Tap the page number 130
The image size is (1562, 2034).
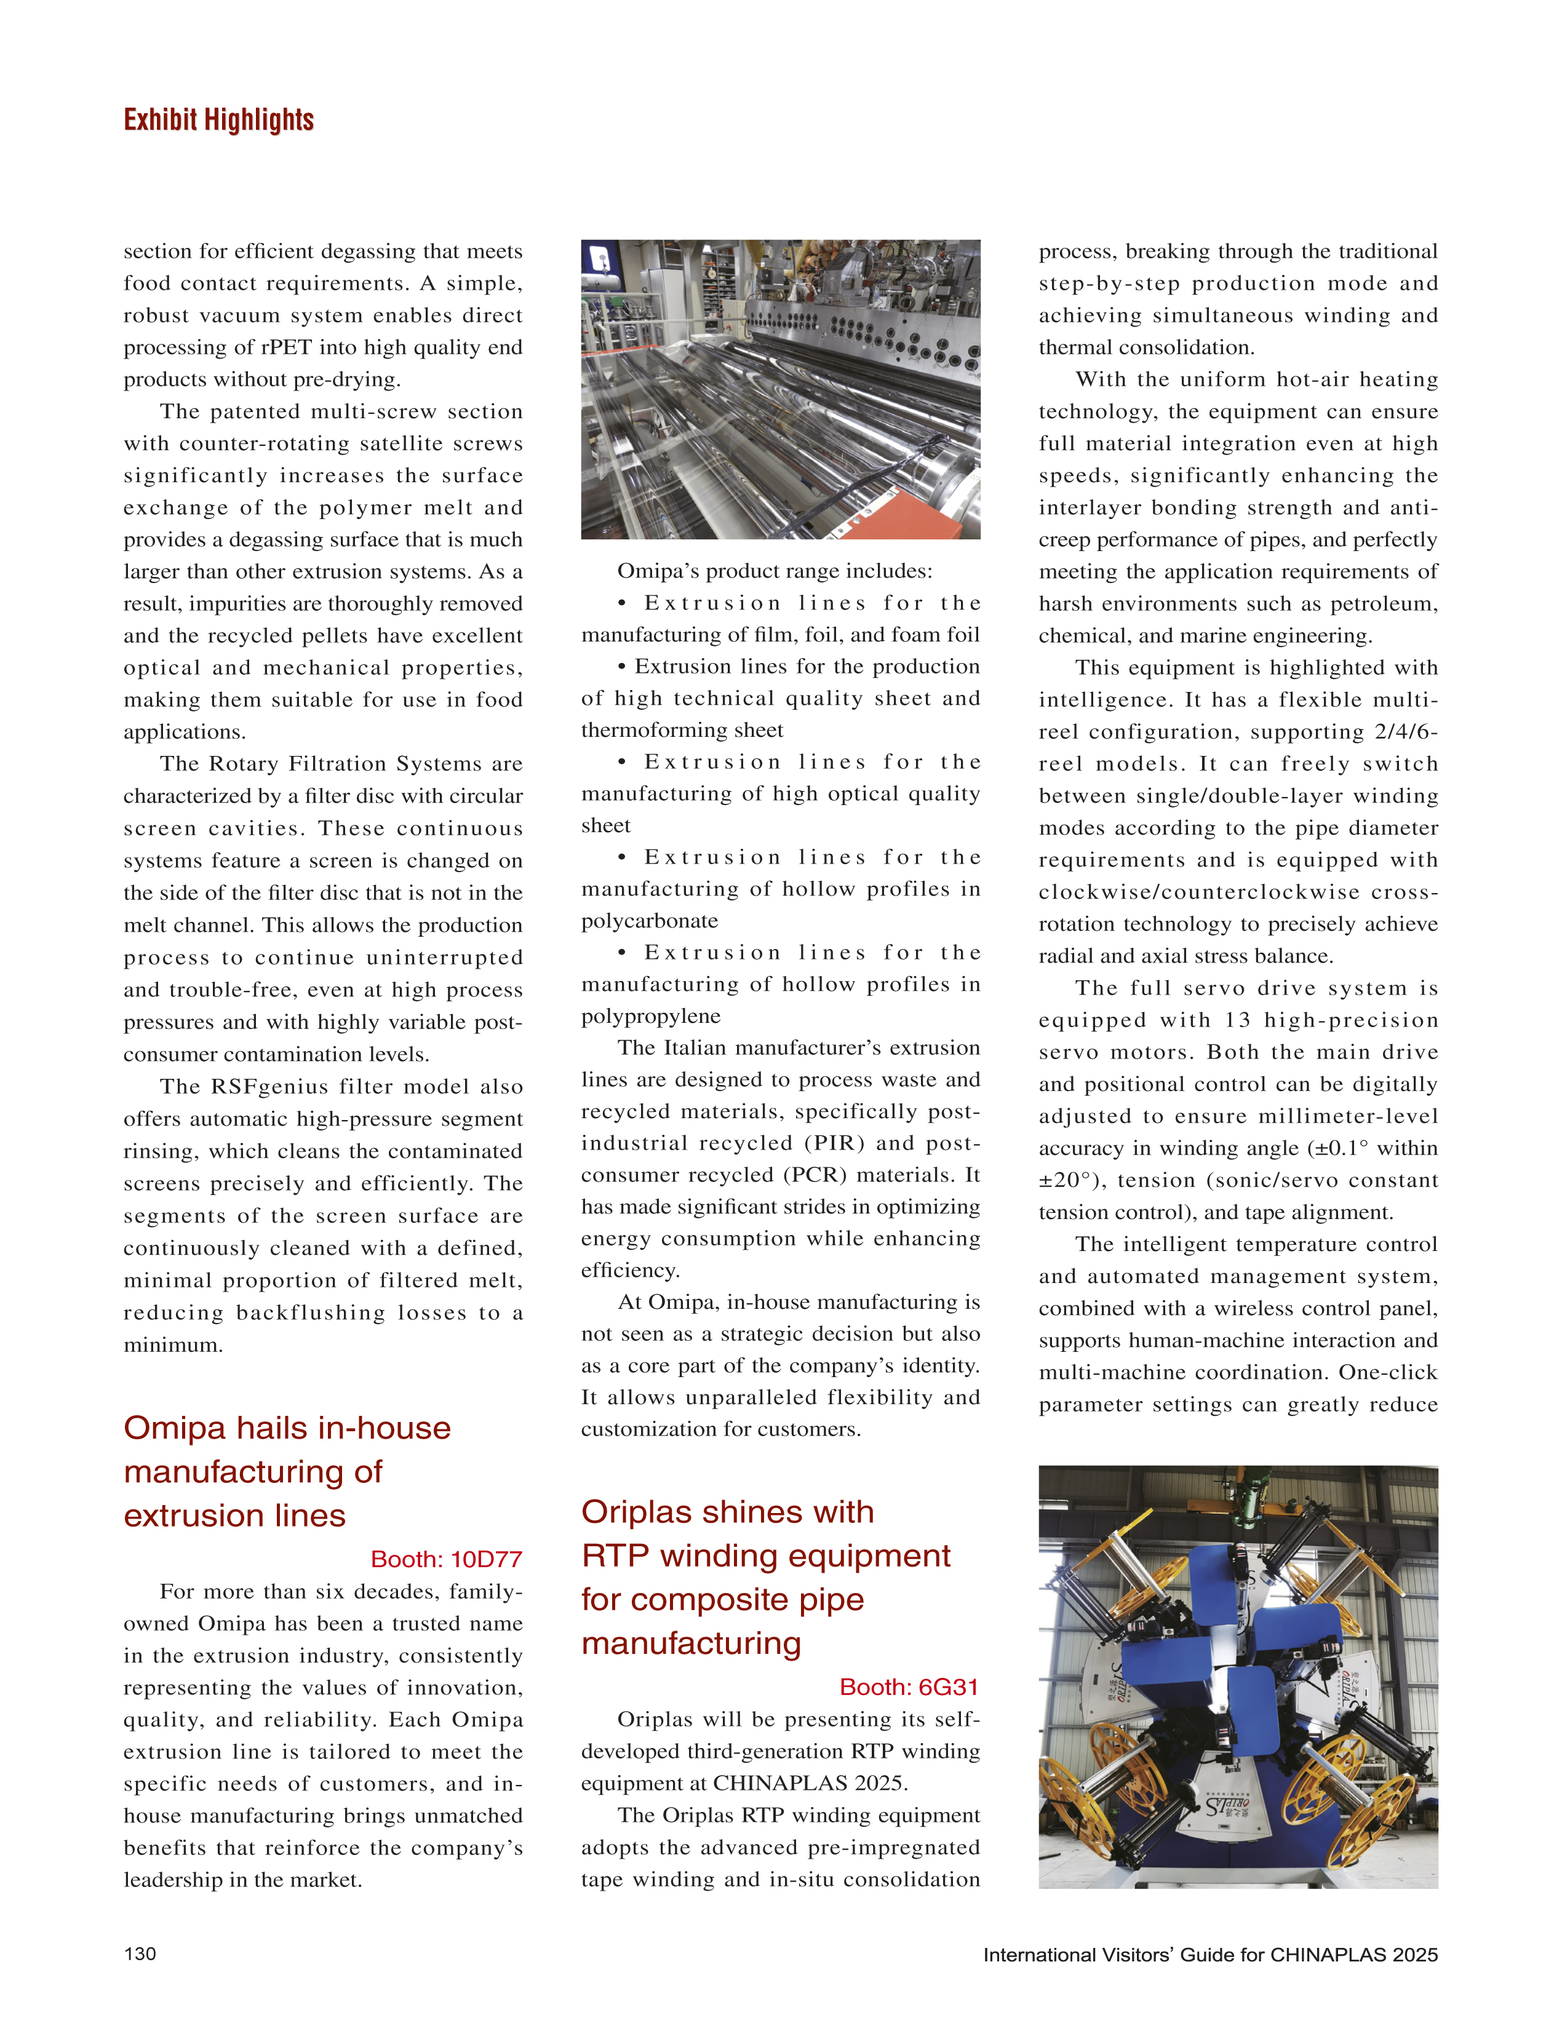(140, 1953)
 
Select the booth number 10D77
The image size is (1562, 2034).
(485, 1559)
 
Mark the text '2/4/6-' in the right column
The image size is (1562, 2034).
(1406, 731)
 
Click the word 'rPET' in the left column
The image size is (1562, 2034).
(285, 348)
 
